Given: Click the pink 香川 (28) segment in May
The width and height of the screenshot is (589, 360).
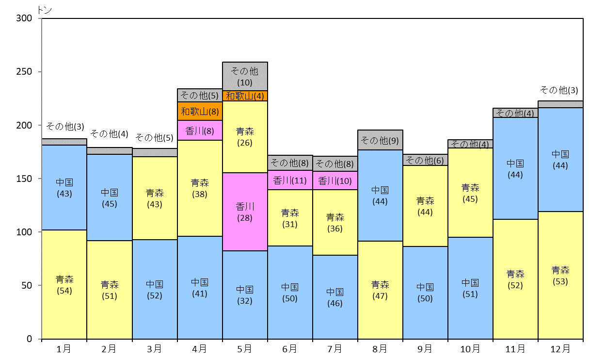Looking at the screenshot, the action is pyautogui.click(x=245, y=212).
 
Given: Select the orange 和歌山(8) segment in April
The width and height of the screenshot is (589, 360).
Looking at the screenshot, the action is pyautogui.click(x=200, y=111).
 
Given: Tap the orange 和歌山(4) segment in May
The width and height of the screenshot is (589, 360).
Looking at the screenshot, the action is pyautogui.click(x=245, y=96).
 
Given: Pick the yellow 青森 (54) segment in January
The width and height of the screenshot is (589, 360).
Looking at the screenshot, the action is pyautogui.click(x=64, y=284).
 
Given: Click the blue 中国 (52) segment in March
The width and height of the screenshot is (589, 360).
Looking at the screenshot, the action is pyautogui.click(x=155, y=289).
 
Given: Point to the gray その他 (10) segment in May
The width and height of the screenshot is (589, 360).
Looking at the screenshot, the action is pyautogui.click(x=245, y=76).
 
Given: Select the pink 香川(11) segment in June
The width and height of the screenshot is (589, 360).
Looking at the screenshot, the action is pyautogui.click(x=290, y=180).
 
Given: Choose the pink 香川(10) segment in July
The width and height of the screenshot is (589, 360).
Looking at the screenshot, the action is pyautogui.click(x=335, y=180).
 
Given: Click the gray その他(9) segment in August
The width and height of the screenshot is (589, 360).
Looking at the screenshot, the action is pyautogui.click(x=380, y=140).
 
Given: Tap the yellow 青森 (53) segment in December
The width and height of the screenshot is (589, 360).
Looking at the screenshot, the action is pyautogui.click(x=560, y=275).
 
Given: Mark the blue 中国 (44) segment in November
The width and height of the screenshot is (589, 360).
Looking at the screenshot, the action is pyautogui.click(x=515, y=168).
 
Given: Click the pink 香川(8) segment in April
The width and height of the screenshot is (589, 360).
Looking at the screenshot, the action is pyautogui.click(x=200, y=130).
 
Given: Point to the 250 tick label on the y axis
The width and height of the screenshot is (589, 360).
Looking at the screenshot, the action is pyautogui.click(x=24, y=72).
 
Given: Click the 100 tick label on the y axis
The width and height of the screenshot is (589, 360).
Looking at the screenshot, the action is pyautogui.click(x=24, y=232).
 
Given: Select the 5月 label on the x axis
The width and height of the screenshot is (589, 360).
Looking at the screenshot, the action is pyautogui.click(x=244, y=349).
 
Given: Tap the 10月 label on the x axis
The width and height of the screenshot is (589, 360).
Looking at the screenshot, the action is pyautogui.click(x=470, y=349).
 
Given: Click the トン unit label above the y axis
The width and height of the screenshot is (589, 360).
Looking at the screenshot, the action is pyautogui.click(x=45, y=10).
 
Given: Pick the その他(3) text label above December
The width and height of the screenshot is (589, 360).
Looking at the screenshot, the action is pyautogui.click(x=559, y=90).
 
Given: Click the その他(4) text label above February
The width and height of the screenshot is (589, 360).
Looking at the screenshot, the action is pyautogui.click(x=109, y=134).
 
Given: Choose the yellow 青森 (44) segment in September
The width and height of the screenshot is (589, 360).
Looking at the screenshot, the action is pyautogui.click(x=425, y=206).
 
